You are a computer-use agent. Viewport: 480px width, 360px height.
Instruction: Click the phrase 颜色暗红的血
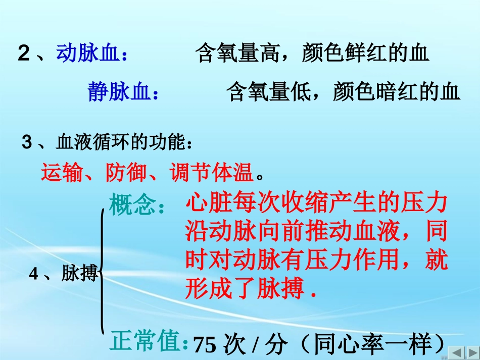click(x=397, y=92)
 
